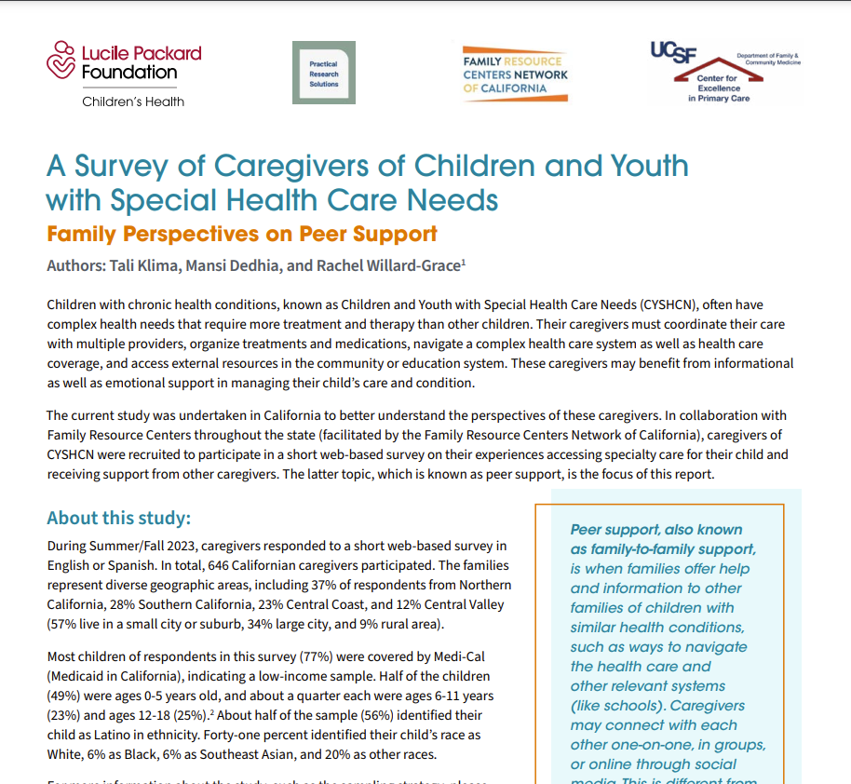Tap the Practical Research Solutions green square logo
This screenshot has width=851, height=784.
324,73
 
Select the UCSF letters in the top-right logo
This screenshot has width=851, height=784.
673,54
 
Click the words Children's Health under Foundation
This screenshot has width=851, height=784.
133,101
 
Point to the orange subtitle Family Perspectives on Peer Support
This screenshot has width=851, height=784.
242,233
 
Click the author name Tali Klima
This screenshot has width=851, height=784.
148,265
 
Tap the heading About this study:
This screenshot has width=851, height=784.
118,519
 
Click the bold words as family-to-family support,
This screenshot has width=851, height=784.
663,549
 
